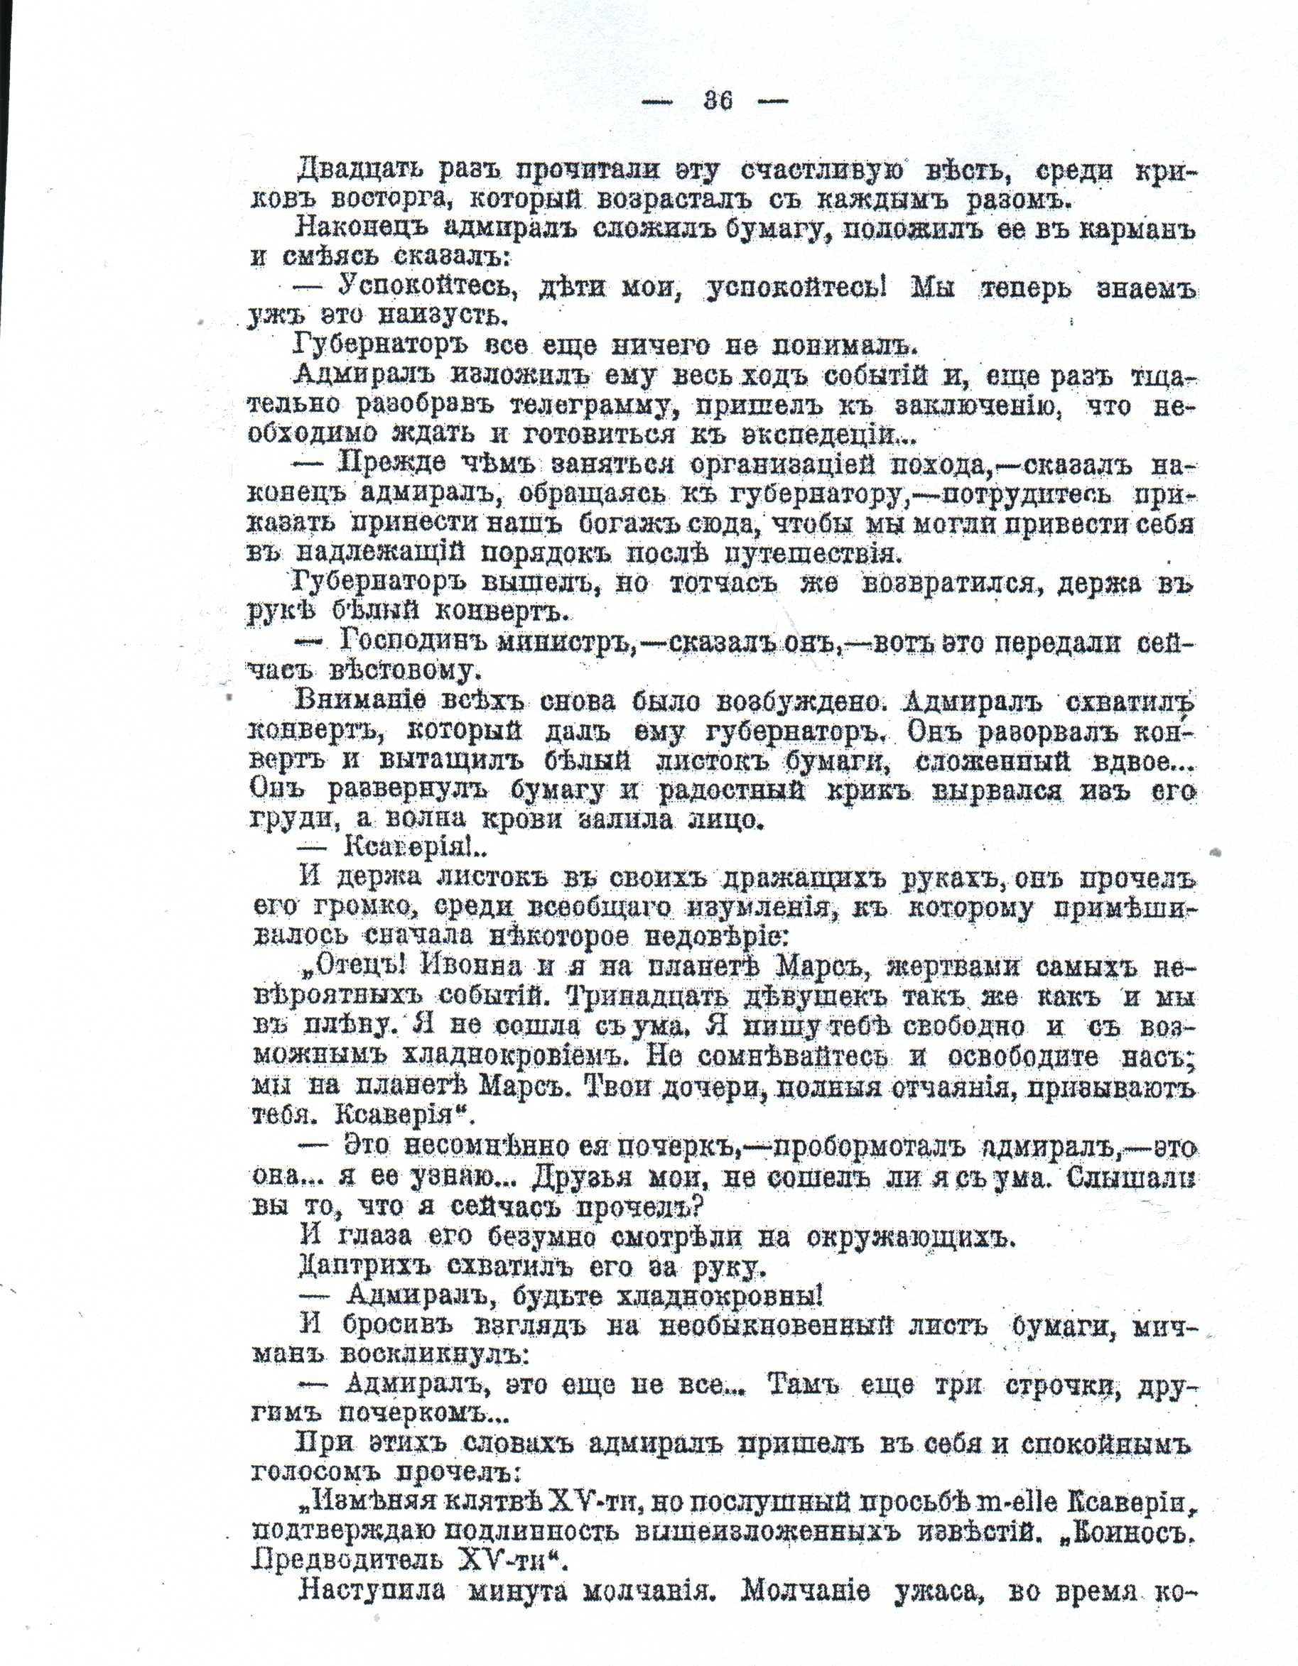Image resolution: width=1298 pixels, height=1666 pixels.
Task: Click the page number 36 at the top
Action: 718,101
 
